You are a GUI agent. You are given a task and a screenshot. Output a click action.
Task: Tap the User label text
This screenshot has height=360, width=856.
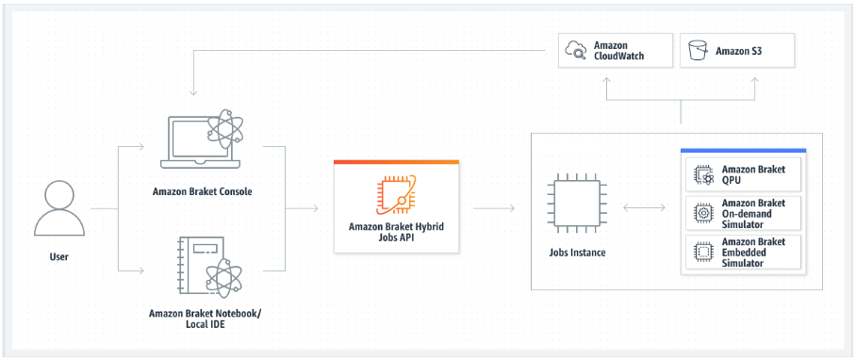[x=58, y=256]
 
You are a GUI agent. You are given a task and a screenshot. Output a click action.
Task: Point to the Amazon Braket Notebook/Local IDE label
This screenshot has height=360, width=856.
[x=204, y=318]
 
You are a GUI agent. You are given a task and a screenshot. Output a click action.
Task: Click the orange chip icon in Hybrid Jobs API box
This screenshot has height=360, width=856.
[x=396, y=193]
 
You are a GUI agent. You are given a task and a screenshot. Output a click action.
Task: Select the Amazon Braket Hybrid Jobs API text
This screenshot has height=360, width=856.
[x=396, y=232]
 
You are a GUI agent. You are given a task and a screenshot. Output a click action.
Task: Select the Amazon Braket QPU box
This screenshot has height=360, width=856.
[x=744, y=173]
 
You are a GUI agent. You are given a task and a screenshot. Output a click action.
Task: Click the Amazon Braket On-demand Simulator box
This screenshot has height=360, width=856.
[x=744, y=213]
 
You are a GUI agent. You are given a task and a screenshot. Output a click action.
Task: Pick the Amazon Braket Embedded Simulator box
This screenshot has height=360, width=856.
[x=744, y=253]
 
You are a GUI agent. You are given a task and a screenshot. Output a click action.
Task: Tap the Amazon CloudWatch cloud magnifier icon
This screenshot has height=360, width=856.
[x=574, y=50]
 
